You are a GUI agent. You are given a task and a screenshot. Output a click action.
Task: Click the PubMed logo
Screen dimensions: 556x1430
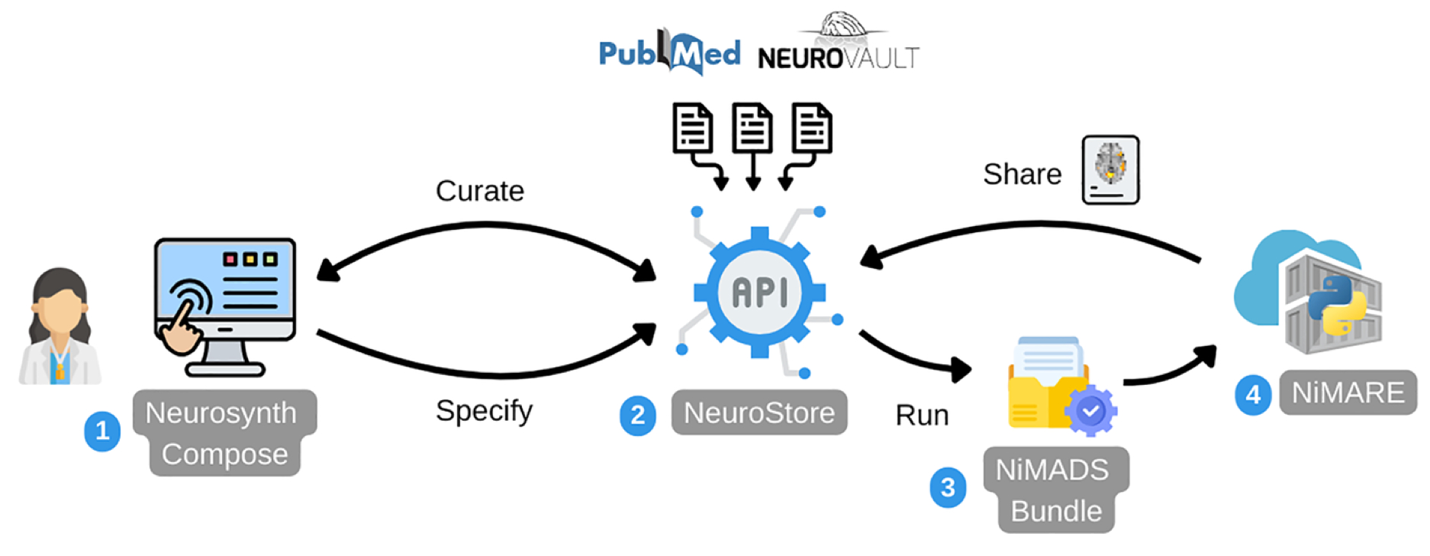(668, 53)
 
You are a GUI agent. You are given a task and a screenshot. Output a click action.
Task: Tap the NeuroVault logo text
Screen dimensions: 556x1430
(838, 57)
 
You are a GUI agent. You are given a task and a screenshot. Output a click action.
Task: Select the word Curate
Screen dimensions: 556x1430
(479, 191)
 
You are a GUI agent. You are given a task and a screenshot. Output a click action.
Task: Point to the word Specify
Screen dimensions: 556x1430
(484, 411)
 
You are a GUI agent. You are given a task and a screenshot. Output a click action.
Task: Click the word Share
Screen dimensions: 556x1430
(1022, 174)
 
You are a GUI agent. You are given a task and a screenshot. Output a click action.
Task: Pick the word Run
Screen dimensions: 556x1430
(922, 415)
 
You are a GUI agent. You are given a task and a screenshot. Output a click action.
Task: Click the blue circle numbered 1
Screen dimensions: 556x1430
(102, 432)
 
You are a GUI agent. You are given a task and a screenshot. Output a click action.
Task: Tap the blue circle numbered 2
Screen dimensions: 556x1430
(638, 415)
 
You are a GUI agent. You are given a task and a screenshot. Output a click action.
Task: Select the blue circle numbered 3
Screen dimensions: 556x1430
(948, 487)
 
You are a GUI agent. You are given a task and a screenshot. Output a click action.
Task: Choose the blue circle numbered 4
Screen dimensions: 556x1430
(1253, 395)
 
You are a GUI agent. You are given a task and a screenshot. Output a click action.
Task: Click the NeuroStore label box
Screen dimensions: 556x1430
(758, 413)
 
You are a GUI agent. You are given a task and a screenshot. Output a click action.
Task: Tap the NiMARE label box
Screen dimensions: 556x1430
(1348, 393)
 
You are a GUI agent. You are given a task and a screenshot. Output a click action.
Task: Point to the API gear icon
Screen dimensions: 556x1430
(759, 292)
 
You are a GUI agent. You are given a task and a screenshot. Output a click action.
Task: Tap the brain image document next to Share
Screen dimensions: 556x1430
(1110, 170)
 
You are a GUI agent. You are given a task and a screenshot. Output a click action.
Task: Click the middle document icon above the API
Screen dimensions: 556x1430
(752, 128)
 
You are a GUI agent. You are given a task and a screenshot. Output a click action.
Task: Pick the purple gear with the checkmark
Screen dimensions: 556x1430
(1091, 411)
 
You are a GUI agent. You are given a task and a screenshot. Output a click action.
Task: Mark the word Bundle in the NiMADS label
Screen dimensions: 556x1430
(1055, 511)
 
